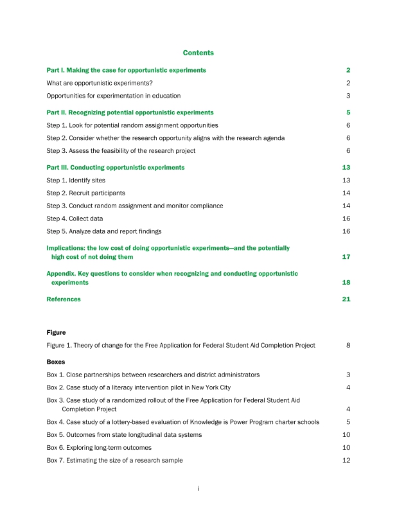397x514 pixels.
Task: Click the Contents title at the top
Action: (x=198, y=53)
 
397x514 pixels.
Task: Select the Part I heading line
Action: (x=127, y=69)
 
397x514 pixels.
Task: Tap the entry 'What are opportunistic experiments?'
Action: (x=100, y=83)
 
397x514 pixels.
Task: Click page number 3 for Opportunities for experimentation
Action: (x=348, y=96)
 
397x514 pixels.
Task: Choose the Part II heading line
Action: (x=126, y=112)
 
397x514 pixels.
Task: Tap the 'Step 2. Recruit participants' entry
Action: (x=86, y=193)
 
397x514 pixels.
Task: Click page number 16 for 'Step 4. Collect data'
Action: (x=346, y=218)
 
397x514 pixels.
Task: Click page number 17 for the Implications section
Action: (x=346, y=257)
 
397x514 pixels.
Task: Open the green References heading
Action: (x=64, y=299)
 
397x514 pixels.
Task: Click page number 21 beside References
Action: (x=346, y=299)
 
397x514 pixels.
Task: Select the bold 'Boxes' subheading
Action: (x=56, y=362)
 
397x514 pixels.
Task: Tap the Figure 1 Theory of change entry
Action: (x=181, y=346)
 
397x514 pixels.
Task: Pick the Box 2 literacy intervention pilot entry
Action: (x=139, y=387)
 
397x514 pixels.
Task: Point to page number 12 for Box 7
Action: (x=346, y=460)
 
